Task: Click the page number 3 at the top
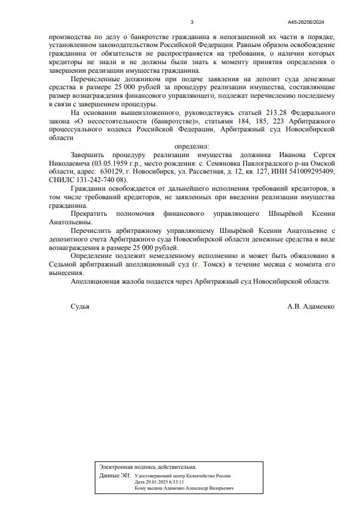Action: click(x=192, y=23)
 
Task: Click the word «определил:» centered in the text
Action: click(x=192, y=147)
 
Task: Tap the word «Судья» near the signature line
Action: click(x=80, y=306)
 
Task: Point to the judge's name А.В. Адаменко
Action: click(x=310, y=306)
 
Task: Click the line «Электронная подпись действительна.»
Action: click(x=148, y=467)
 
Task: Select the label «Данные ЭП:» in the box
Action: click(x=114, y=475)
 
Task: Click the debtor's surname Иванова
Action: click(x=277, y=155)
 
